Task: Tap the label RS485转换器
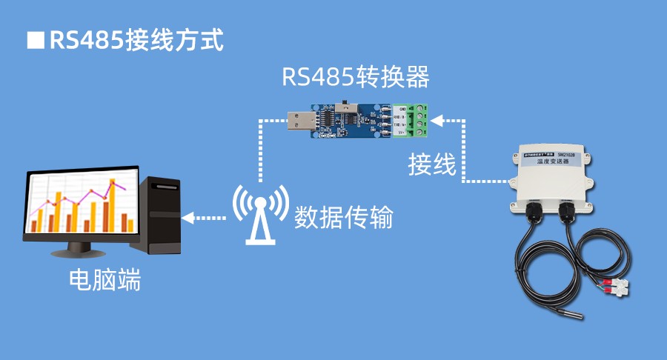coord(355,77)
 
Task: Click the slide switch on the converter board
coord(345,107)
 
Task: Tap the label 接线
coord(432,164)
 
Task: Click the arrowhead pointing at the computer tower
coord(188,218)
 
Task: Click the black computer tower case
coord(163,216)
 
